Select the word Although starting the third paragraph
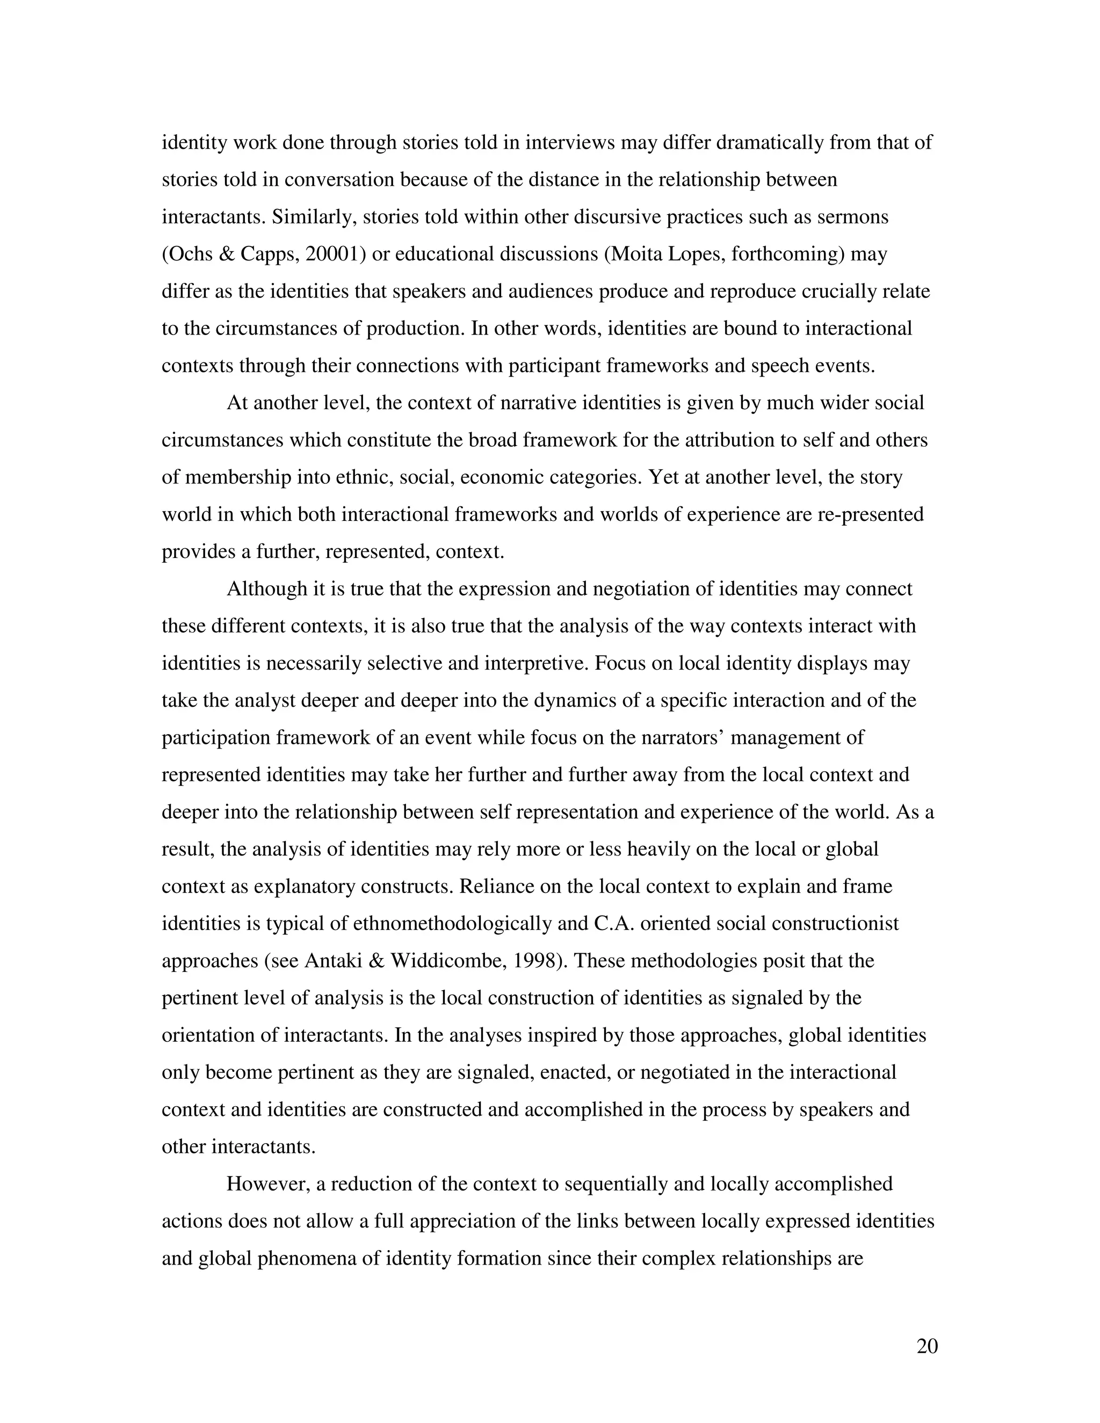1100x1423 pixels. pos(266,589)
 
